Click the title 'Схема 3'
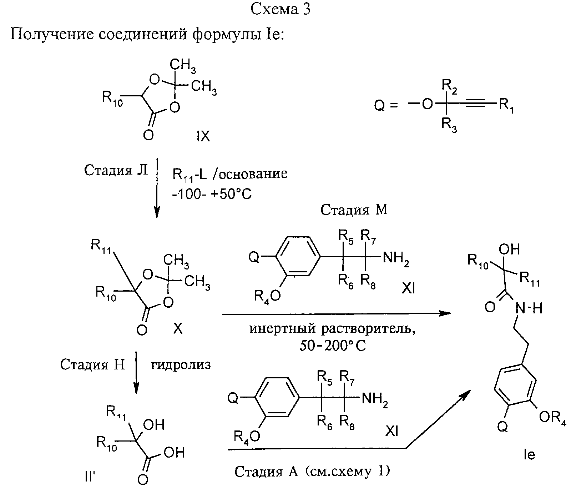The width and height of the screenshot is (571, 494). point(281,10)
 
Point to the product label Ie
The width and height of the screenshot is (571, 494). point(529,455)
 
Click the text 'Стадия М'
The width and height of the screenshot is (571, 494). point(354,210)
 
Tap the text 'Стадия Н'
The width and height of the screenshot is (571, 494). point(92,364)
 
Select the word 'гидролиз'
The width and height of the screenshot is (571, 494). point(181,365)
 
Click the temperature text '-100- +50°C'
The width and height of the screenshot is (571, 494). point(212,194)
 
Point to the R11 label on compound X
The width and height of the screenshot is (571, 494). point(101,246)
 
